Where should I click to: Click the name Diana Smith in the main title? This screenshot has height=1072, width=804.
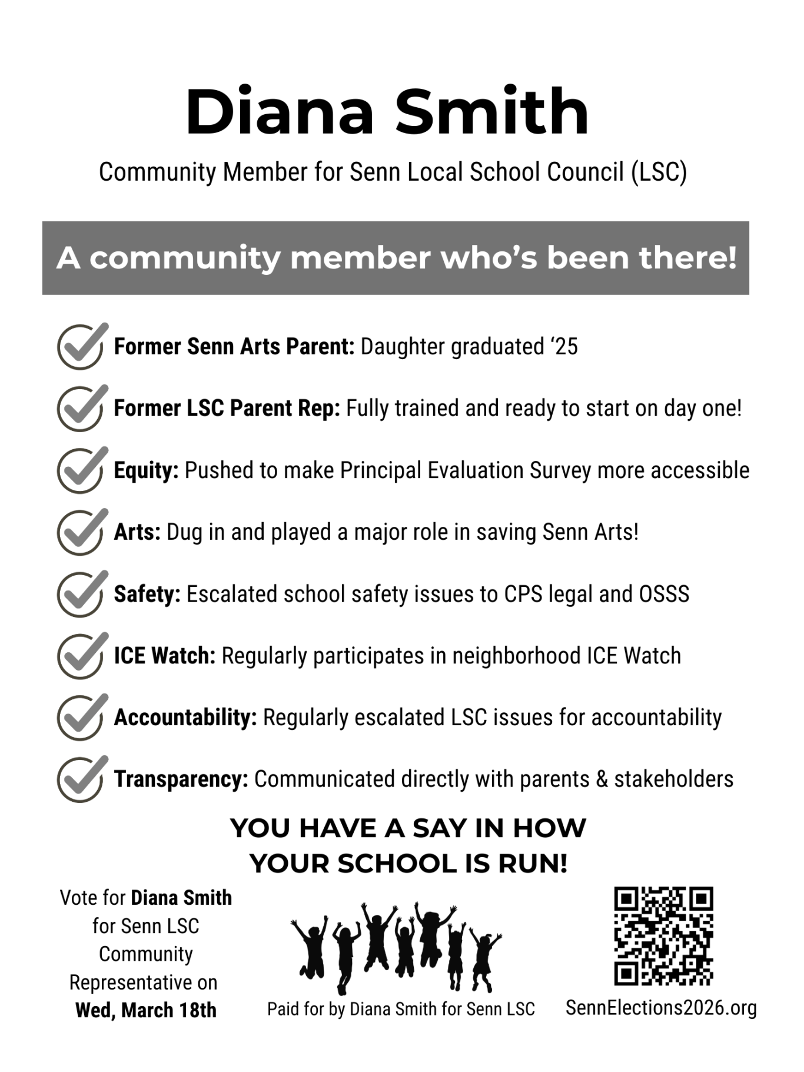point(387,112)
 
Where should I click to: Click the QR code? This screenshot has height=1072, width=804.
point(663,936)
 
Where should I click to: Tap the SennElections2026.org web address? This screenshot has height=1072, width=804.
point(661,1008)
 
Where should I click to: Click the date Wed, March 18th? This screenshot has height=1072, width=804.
point(146,1010)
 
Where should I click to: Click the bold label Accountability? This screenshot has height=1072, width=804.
point(185,718)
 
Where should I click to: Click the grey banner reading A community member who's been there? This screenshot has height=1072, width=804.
point(396,258)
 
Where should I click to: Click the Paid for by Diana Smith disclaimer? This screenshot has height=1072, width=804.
point(401,1009)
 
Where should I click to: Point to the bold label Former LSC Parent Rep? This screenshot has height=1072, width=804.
point(227,409)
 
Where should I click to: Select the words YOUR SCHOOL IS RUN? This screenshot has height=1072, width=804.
point(408,864)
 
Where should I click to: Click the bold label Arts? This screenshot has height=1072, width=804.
point(137,532)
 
